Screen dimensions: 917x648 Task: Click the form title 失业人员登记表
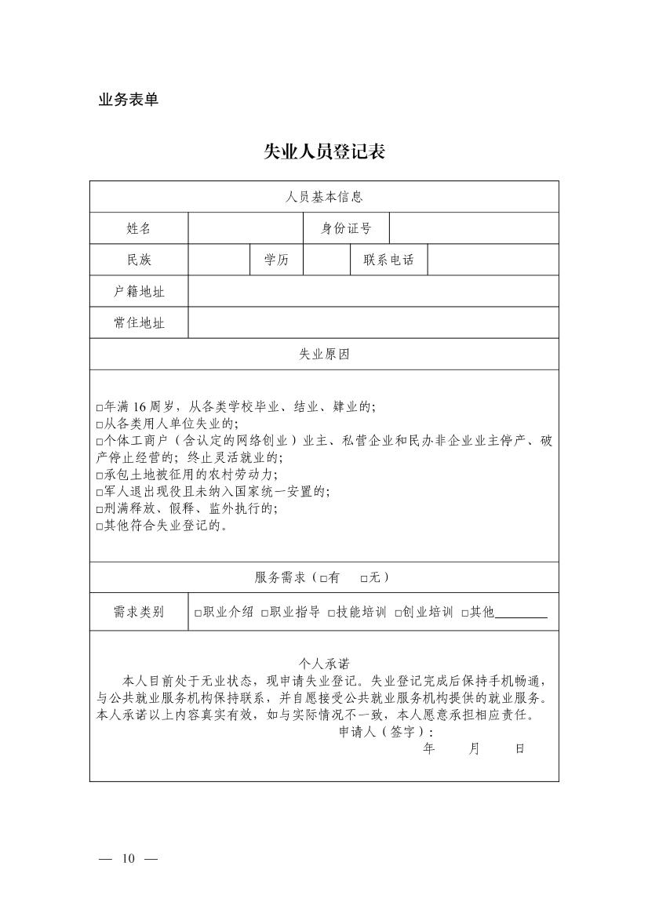point(324,152)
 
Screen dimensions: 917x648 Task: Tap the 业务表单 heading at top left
point(128,100)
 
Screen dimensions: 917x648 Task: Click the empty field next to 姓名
point(245,228)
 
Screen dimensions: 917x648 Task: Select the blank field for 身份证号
point(474,228)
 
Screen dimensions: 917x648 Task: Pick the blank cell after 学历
point(326,260)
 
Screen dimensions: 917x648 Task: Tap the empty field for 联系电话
point(493,260)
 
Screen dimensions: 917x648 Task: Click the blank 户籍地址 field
point(373,291)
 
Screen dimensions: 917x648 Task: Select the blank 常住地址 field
point(373,322)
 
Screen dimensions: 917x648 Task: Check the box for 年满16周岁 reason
point(100,408)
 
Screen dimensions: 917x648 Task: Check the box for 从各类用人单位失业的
point(100,424)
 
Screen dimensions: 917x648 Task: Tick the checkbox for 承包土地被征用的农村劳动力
point(100,475)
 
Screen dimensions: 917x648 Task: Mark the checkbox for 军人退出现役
point(100,493)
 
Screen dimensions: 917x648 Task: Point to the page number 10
point(129,858)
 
